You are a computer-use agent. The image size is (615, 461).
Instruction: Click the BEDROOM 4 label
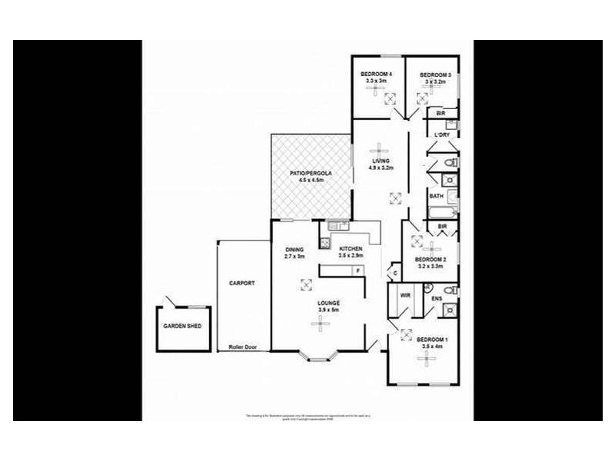coord(377,74)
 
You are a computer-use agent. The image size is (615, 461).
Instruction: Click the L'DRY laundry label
coord(441,135)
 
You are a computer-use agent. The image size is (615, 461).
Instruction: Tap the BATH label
coord(435,195)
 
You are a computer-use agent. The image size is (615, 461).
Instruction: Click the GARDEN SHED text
coord(181,326)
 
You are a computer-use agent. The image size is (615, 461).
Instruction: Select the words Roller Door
coord(243,347)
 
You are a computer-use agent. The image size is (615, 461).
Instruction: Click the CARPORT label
coord(241,283)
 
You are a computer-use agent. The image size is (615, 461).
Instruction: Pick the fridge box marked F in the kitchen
coord(357,270)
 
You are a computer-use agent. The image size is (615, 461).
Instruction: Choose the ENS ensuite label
coord(436,299)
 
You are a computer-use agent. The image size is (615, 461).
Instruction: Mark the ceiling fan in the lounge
coord(317,323)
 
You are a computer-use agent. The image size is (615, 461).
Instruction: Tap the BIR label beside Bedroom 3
coord(440,114)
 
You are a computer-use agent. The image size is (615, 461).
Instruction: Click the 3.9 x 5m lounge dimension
coord(329,310)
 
